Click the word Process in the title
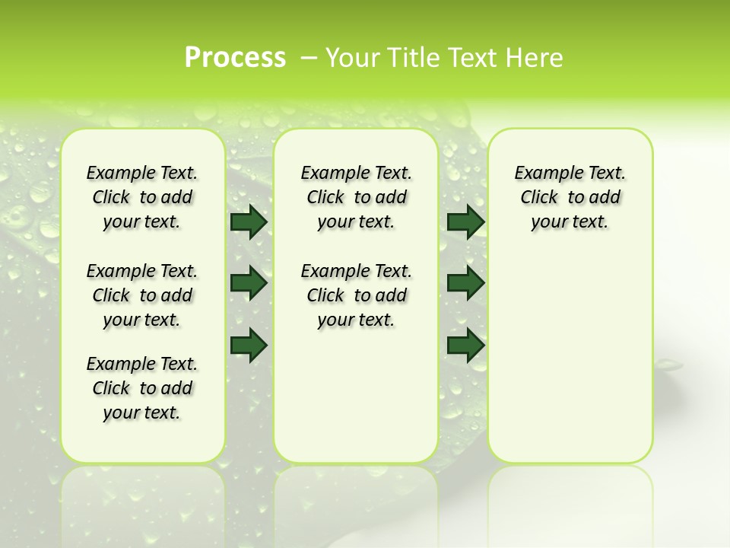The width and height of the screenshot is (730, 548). click(235, 58)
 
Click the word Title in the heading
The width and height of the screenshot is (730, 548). click(411, 58)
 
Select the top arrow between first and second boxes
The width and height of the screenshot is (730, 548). click(248, 221)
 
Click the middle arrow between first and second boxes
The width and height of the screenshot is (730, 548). click(248, 283)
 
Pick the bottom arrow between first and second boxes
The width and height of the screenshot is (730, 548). click(248, 345)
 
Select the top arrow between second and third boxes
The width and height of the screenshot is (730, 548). click(465, 221)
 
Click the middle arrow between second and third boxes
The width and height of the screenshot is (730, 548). click(465, 283)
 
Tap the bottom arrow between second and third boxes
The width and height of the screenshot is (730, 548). click(465, 345)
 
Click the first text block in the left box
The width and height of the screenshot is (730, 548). click(142, 197)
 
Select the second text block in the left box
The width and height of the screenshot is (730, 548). click(142, 295)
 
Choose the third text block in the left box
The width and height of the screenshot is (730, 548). click(142, 388)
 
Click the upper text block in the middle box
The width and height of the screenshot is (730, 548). click(356, 197)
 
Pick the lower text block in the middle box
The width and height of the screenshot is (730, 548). click(356, 295)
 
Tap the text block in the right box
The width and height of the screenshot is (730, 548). click(570, 197)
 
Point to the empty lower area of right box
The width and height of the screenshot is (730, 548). click(570, 365)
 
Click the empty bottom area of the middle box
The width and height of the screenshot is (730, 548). click(356, 403)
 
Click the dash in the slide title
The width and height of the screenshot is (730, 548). click(309, 58)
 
